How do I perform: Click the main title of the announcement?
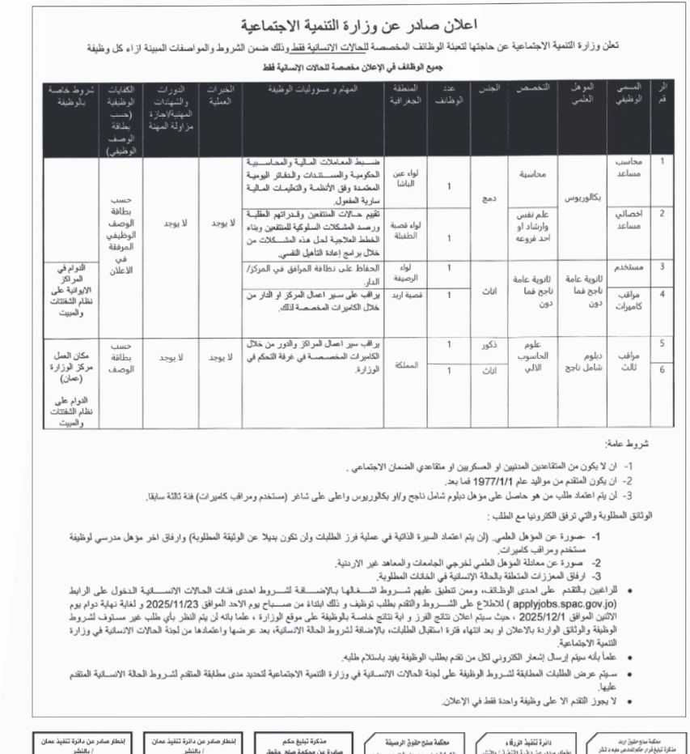click(345, 25)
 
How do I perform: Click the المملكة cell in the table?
click(409, 364)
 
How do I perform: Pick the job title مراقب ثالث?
click(630, 361)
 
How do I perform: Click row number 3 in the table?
click(662, 266)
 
